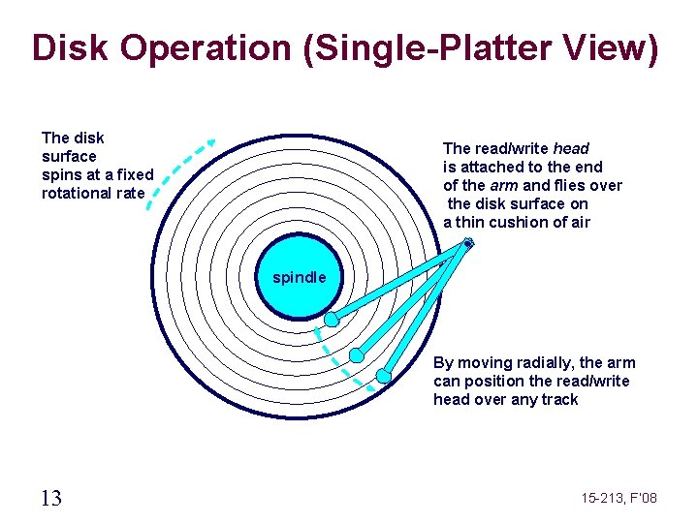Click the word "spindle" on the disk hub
[x=300, y=278]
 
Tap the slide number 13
[x=51, y=498]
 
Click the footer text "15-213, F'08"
[x=619, y=498]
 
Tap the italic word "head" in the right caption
[x=571, y=148]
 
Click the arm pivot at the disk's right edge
[x=468, y=243]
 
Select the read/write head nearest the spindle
[x=332, y=319]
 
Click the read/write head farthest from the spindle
[x=384, y=375]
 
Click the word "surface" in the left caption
[x=69, y=156]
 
